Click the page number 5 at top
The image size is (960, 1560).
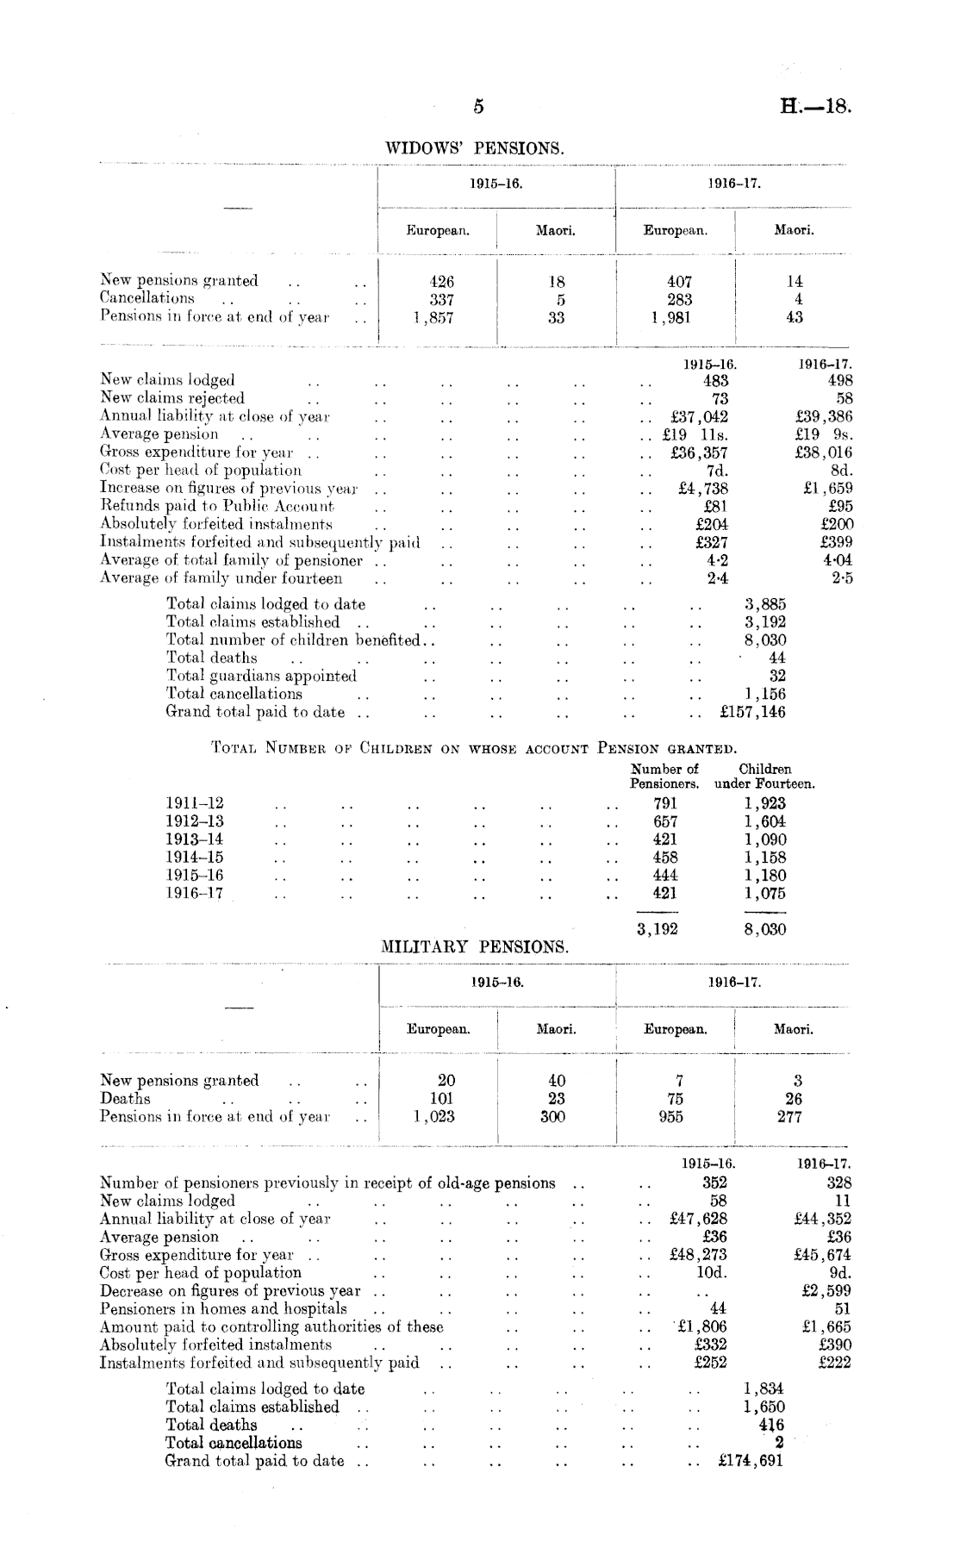point(479,107)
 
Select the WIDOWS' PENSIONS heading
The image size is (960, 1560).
point(474,148)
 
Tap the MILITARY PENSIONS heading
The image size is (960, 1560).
point(475,946)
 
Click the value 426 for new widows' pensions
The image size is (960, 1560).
point(441,281)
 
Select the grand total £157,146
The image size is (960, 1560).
point(752,712)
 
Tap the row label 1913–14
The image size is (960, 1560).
point(195,839)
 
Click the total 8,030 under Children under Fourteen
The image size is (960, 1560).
point(764,929)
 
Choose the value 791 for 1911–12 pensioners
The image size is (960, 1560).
point(664,803)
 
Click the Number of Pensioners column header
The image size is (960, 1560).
point(664,776)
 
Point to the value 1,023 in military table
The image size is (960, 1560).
point(433,1117)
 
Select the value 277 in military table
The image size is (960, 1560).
point(789,1117)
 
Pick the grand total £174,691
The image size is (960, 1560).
point(751,1461)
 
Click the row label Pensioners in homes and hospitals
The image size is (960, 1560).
point(223,1309)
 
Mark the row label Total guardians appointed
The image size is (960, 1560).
point(261,676)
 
